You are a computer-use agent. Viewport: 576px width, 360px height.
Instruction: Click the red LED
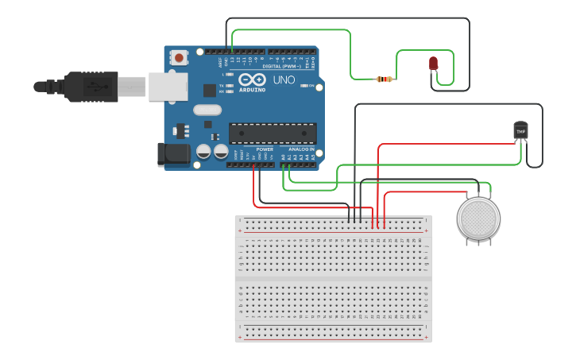pos(433,63)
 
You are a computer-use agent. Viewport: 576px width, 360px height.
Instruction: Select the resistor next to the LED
pos(386,79)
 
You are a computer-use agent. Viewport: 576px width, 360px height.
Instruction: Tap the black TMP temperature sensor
pos(520,130)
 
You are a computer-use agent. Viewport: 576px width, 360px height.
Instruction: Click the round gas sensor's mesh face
pos(478,218)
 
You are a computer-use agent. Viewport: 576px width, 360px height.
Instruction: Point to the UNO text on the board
pos(284,80)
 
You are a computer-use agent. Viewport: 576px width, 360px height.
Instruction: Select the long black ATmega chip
pos(273,134)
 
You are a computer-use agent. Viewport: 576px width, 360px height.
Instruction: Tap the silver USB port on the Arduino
pos(168,87)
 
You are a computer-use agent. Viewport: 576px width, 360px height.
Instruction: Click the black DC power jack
pos(174,153)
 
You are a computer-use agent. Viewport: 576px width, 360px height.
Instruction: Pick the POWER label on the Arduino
pos(265,149)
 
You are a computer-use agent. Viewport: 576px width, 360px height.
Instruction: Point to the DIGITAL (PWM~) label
pos(283,66)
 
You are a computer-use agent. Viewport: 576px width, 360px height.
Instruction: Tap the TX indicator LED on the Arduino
pos(229,86)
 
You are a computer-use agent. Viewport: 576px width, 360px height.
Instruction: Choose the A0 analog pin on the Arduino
pos(283,165)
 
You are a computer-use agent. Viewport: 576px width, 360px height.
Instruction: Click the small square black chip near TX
pos(209,91)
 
